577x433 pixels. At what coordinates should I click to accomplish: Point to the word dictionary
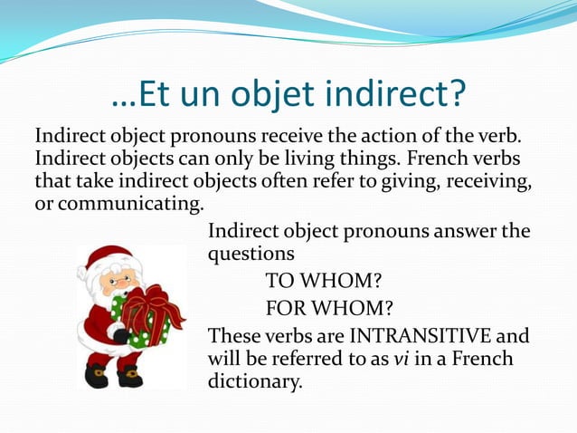point(253,381)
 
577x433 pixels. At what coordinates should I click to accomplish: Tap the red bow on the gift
point(150,305)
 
